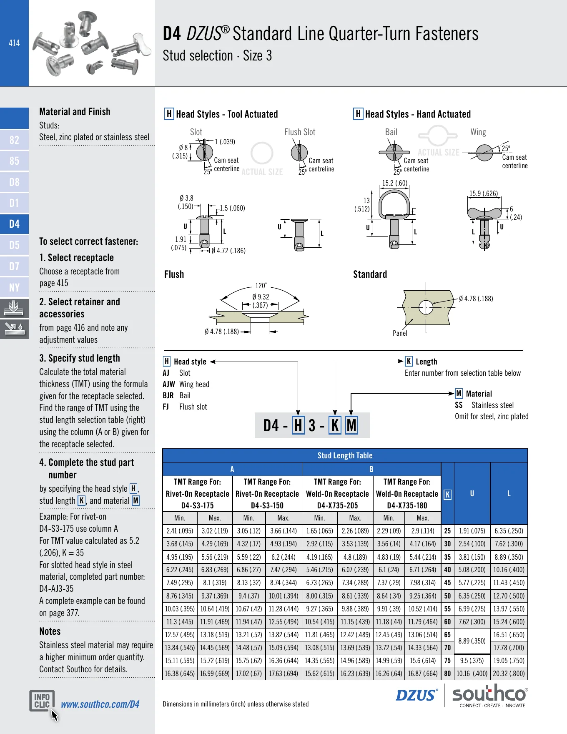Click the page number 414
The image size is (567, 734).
coord(14,43)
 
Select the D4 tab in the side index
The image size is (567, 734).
coord(14,224)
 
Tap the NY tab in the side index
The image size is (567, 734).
coord(14,287)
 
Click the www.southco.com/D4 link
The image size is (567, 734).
coord(100,704)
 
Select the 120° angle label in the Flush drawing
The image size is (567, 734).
coord(261,286)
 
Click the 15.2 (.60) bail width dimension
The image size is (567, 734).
coord(395,183)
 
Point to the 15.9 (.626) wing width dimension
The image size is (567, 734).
coord(484,194)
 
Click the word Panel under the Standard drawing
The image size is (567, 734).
coord(400,333)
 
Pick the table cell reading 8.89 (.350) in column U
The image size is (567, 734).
coord(472,641)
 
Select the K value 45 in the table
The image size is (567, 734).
coord(447,583)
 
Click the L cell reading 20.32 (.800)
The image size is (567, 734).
coord(509,674)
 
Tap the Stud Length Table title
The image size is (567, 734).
coord(345,455)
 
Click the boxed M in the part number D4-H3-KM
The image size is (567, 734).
coord(351,426)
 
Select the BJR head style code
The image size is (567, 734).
coord(168,396)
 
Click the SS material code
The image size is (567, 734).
coord(459,405)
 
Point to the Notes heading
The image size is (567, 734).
coord(50,631)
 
